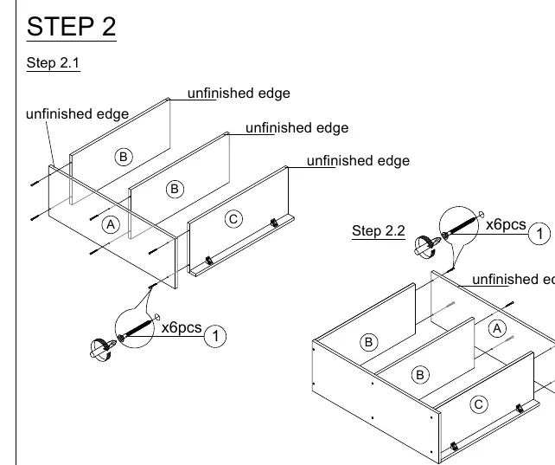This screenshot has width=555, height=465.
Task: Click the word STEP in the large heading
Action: point(61,27)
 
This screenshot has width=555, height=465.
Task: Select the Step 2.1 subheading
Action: point(53,62)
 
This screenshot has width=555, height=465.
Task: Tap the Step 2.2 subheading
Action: point(379,230)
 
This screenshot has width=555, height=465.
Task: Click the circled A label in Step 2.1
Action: point(111,224)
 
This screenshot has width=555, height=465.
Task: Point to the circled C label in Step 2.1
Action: point(233,219)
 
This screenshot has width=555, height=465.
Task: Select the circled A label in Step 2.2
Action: point(497,329)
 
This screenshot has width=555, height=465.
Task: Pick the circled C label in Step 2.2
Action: point(479,404)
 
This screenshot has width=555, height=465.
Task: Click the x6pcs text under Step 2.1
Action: point(182,327)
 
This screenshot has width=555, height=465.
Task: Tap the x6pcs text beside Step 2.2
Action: point(506,224)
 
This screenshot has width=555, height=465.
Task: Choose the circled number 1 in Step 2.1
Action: point(215,336)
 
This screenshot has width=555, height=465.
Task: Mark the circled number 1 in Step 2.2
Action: point(539,234)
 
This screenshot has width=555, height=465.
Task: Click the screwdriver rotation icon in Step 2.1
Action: point(103,349)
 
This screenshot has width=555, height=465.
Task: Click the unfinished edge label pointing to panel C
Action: point(358,161)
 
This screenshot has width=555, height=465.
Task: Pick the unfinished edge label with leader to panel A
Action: point(78,114)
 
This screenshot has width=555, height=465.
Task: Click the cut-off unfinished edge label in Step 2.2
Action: point(514,280)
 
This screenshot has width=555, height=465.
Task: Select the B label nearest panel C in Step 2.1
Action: point(175,189)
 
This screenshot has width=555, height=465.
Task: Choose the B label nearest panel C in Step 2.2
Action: point(420,375)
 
